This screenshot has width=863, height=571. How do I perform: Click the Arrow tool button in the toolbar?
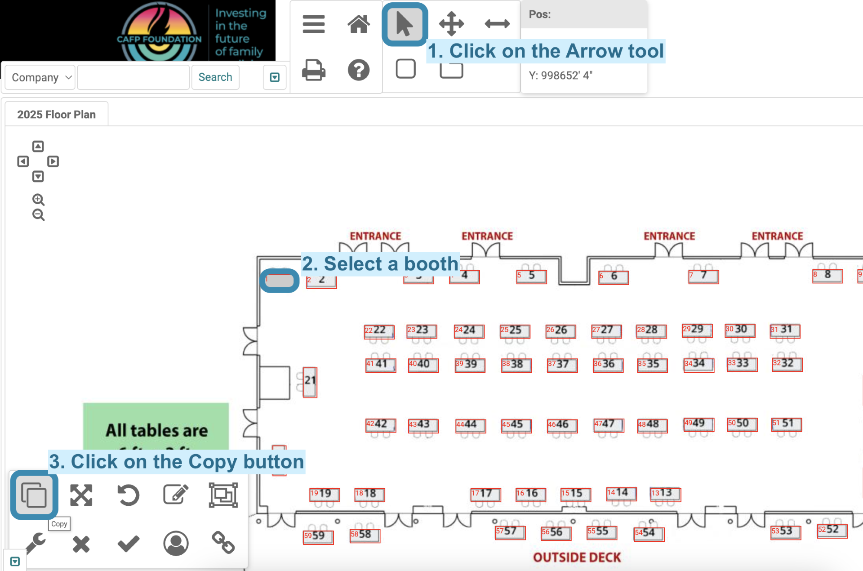(405, 24)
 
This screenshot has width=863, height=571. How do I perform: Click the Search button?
(215, 77)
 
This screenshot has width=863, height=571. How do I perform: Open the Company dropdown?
(40, 77)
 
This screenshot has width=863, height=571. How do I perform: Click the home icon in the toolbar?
(359, 24)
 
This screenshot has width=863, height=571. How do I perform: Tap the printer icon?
(314, 70)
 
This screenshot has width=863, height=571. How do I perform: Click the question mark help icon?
(359, 70)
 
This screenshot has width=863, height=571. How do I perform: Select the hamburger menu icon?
(314, 24)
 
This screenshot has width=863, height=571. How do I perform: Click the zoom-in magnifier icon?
(38, 200)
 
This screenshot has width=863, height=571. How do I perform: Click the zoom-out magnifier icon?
(38, 215)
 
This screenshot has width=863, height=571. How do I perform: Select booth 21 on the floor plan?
(310, 382)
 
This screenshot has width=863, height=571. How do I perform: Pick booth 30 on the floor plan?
(740, 330)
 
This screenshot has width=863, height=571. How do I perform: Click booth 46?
(562, 425)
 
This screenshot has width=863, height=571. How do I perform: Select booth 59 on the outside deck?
(318, 536)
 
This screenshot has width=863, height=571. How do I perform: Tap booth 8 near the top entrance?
(827, 276)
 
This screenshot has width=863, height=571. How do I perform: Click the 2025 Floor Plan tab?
(57, 115)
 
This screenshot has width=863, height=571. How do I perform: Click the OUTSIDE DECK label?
(577, 558)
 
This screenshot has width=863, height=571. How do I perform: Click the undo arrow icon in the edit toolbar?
(129, 495)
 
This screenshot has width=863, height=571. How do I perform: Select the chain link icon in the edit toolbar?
(223, 543)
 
